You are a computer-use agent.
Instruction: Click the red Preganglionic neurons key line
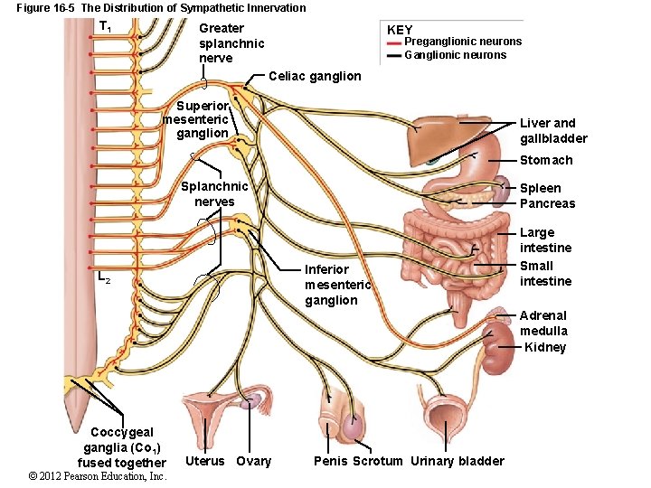coord(394,42)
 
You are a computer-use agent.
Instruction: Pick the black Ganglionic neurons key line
coord(394,55)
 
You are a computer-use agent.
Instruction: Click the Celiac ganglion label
coord(315,77)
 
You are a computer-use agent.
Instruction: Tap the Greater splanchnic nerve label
coord(231,43)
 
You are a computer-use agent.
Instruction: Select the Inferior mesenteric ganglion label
coord(337,285)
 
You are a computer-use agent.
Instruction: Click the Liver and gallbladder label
coord(553,130)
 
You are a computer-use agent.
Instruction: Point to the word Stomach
coord(546,160)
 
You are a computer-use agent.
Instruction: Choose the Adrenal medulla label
coord(543,323)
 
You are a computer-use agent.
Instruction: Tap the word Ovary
coord(253,461)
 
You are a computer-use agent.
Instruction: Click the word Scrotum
coord(377,461)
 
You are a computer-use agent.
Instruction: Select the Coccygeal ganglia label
coord(122,447)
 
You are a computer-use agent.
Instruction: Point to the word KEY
coord(400,30)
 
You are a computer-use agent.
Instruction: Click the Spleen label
coord(540,188)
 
